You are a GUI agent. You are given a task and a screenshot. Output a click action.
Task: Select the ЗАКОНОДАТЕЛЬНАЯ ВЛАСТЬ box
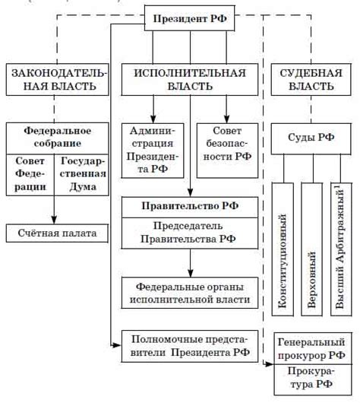pos(54,79)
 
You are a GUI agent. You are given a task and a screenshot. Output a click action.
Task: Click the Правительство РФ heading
pos(190,206)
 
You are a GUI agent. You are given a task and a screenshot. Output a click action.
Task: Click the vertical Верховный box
pos(311,248)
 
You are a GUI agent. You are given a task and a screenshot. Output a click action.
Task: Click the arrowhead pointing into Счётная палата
pos(54,220)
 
